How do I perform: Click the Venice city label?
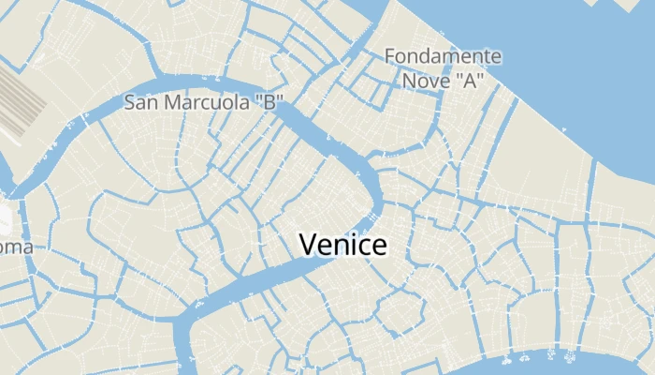(342, 245)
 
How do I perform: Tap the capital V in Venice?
(307, 245)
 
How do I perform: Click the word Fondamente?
(443, 57)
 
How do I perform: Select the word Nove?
(427, 81)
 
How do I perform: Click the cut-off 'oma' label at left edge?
(16, 247)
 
